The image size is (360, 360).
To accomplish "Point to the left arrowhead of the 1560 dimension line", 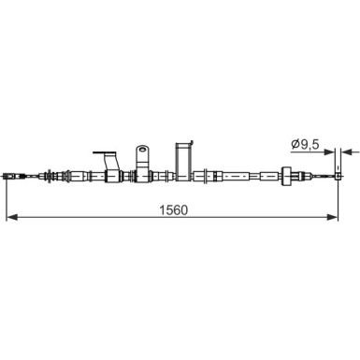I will coord(11,218).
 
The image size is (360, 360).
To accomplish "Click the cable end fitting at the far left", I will coord(13,176).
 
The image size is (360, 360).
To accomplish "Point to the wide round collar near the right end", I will coord(291,176).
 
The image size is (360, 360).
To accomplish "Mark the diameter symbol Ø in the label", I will coord(294,143).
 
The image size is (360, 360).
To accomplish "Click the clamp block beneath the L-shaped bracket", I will coord(111,175).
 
